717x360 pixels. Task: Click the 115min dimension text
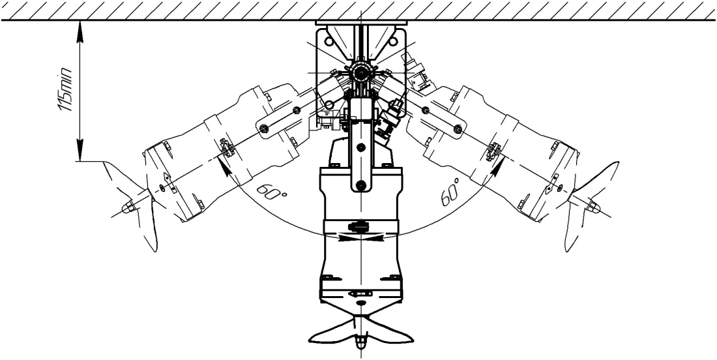[65, 89]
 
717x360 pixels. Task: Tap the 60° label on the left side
[272, 192]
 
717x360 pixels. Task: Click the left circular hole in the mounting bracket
[329, 42]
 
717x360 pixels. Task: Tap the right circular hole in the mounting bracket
[393, 42]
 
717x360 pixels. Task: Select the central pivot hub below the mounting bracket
[361, 72]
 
